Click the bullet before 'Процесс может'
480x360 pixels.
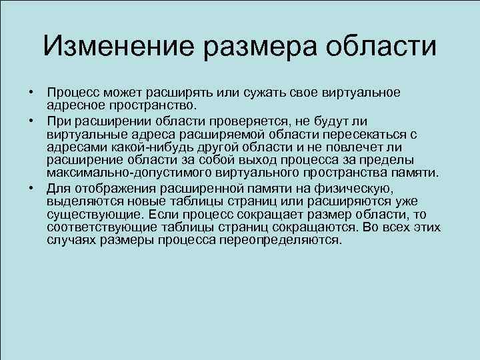coord(31,92)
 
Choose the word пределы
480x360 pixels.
coord(389,160)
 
